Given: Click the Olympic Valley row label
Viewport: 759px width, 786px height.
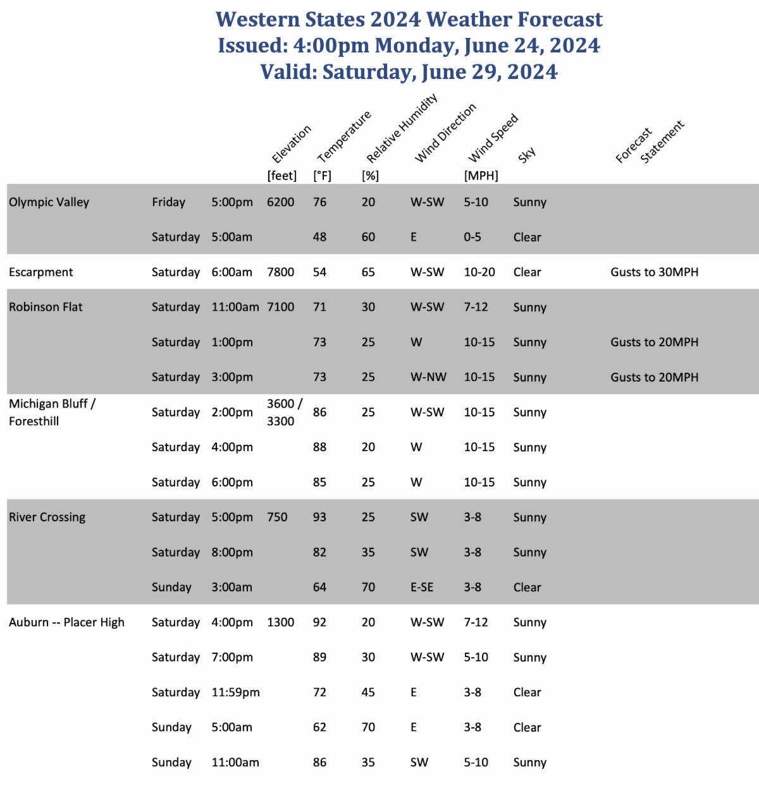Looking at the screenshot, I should [x=49, y=202].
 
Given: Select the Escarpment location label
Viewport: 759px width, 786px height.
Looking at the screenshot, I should [x=40, y=272].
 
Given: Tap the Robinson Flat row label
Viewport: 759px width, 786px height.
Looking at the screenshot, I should [x=46, y=307].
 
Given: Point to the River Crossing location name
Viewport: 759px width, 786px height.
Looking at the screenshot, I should [x=47, y=517].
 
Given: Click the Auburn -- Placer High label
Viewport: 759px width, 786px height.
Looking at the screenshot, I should [x=66, y=622].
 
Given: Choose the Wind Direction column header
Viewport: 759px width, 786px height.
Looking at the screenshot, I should [x=445, y=133].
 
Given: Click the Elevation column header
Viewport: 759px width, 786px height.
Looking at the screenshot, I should [x=291, y=144].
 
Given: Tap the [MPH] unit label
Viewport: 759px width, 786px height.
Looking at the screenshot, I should [x=481, y=176].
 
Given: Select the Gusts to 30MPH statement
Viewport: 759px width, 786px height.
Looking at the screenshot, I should [x=654, y=272].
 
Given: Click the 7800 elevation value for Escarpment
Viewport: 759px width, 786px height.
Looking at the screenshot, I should [x=280, y=272].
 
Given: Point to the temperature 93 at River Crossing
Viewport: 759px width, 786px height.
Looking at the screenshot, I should [x=319, y=517].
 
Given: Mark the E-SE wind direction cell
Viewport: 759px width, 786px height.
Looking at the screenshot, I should [x=422, y=587].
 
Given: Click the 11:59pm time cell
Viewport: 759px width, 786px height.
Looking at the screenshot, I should [x=235, y=692].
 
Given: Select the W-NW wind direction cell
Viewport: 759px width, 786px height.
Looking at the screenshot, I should [x=428, y=377].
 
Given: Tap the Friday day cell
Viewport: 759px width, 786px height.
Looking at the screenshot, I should [x=168, y=202].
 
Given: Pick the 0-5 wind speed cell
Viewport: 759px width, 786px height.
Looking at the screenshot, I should [x=472, y=237].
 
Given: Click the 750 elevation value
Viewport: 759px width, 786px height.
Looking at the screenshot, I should [x=277, y=517].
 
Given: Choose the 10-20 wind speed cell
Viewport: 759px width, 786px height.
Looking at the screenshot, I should [x=479, y=272].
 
